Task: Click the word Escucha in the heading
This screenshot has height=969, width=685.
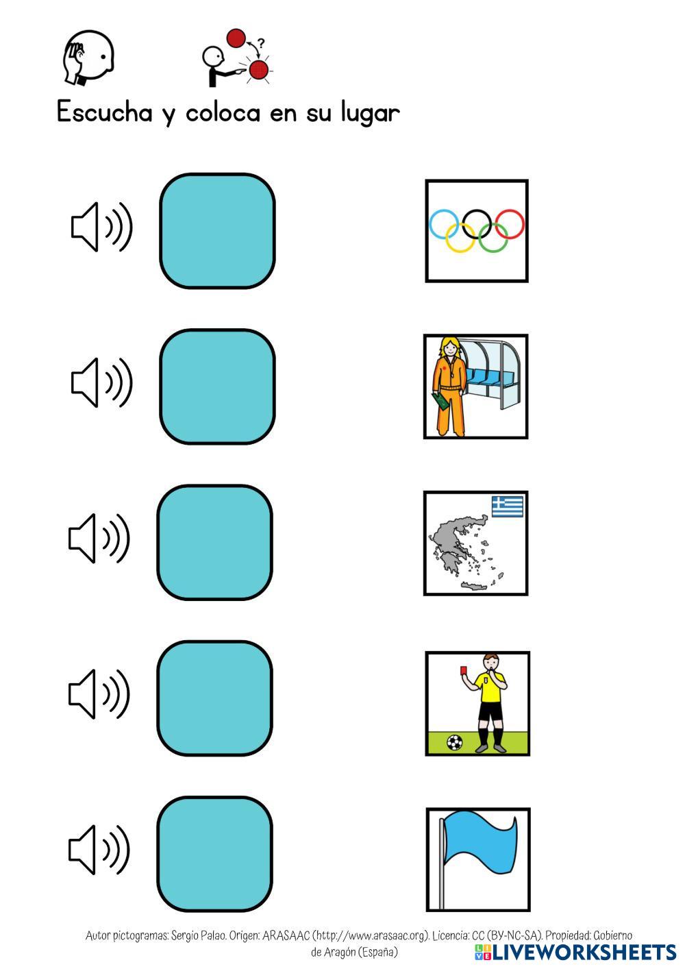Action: pyautogui.click(x=104, y=112)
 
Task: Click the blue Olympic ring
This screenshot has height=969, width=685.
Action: pyautogui.click(x=443, y=223)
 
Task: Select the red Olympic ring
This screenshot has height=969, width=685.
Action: pyautogui.click(x=510, y=224)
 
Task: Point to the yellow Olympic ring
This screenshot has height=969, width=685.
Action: pyautogui.click(x=460, y=237)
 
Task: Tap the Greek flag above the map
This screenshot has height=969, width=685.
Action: pyautogui.click(x=508, y=506)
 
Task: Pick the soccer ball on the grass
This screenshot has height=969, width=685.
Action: pyautogui.click(x=454, y=741)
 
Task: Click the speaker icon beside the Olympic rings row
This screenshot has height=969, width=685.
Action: pyautogui.click(x=101, y=227)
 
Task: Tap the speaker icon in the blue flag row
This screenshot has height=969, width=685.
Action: pyautogui.click(x=99, y=850)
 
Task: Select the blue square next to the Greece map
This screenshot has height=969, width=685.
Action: pyautogui.click(x=214, y=542)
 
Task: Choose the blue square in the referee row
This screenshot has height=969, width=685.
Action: pyautogui.click(x=214, y=698)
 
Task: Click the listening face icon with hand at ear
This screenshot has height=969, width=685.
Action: pyautogui.click(x=88, y=57)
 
